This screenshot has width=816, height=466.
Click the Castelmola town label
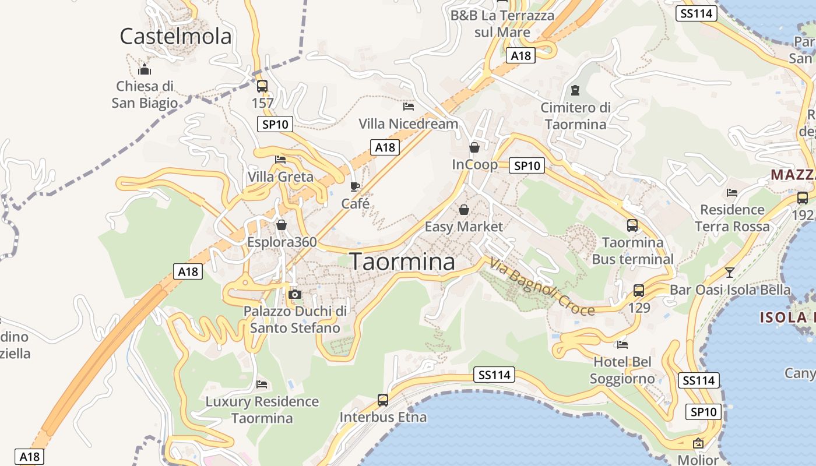coord(175,36)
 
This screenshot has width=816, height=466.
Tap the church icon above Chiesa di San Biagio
coord(145,70)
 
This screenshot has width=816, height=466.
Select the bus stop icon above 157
coord(262,86)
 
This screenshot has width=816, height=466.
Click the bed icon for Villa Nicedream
coord(409,107)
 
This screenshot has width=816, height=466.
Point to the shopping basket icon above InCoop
coord(474,147)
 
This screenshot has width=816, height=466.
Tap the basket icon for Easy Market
coord(464,209)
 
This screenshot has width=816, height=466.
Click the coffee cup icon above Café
coord(355,186)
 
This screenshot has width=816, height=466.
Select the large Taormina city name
coord(402,262)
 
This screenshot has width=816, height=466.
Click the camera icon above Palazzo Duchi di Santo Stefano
coord(295,294)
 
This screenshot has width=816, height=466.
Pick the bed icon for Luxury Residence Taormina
coord(262,384)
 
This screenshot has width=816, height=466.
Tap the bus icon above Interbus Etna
coord(383,400)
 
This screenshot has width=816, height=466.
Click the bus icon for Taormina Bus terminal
coord(632,225)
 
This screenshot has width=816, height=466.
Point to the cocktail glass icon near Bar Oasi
coord(729,272)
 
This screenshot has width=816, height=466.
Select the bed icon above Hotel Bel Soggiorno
coord(622,345)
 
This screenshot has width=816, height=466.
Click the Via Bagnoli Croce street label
coord(542,287)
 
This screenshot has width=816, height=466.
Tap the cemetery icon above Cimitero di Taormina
coord(576,90)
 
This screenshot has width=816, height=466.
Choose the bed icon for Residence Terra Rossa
coord(732,193)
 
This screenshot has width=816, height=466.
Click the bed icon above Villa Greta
coord(280,160)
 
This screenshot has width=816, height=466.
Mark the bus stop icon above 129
coord(639,290)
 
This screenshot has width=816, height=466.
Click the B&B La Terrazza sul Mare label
coord(502,23)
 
